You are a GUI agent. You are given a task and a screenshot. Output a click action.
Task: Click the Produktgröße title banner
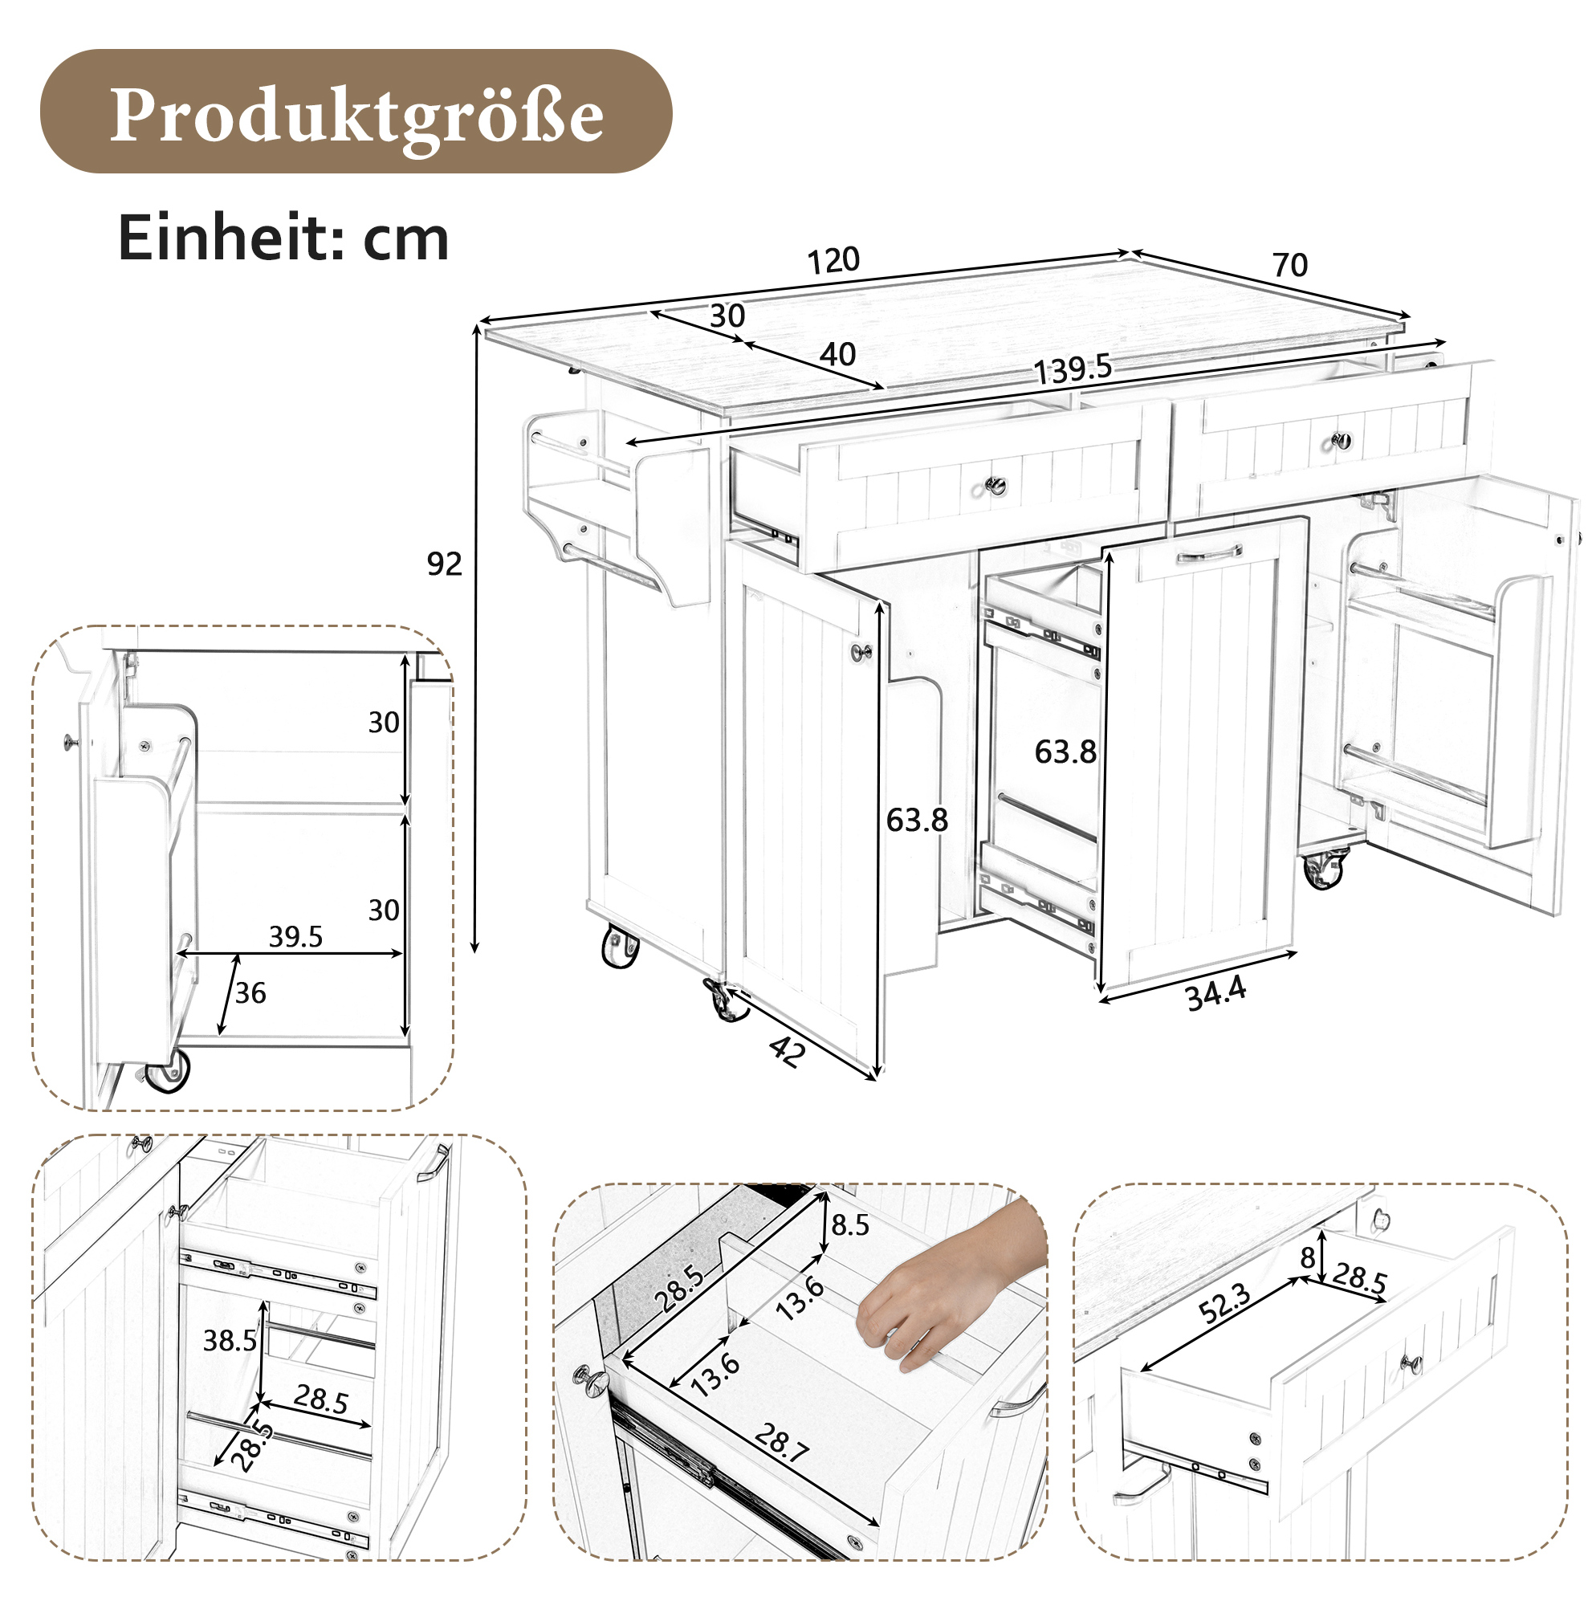click(x=356, y=112)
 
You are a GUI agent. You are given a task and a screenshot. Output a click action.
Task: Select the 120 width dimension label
click(x=833, y=260)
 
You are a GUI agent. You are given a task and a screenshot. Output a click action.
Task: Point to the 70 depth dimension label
click(x=1289, y=264)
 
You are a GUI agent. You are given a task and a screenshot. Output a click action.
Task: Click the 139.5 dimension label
click(x=1073, y=369)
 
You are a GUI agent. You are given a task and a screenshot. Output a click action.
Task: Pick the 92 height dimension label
click(x=444, y=564)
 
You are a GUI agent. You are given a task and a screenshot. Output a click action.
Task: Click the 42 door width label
click(x=787, y=1052)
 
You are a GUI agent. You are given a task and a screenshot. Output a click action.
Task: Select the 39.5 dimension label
click(x=295, y=936)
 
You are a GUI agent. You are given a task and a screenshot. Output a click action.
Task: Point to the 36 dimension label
click(x=250, y=992)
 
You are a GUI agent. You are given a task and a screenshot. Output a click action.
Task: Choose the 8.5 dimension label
click(x=850, y=1225)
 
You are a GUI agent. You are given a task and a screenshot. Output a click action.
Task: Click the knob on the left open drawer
click(x=996, y=486)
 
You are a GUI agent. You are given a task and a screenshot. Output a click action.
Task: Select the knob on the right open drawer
click(x=1342, y=441)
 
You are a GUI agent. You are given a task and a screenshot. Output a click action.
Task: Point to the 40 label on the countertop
click(x=837, y=355)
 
